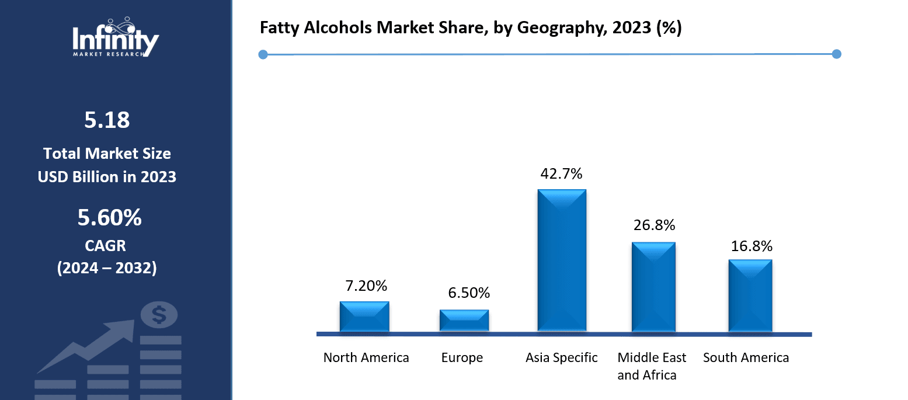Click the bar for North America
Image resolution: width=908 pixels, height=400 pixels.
click(364, 317)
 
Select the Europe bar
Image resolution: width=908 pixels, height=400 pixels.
click(464, 321)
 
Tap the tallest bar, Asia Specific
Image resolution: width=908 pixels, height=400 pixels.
click(562, 261)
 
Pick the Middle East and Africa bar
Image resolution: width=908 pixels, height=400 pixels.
click(653, 287)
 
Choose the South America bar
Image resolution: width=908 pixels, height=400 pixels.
click(750, 296)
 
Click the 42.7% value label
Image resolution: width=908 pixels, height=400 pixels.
click(561, 174)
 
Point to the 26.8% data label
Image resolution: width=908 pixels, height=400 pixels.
click(653, 225)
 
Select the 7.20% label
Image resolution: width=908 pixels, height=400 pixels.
click(366, 286)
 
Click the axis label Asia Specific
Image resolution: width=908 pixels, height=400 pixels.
click(561, 357)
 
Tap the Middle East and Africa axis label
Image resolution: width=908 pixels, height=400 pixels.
click(652, 366)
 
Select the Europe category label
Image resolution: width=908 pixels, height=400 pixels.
click(462, 357)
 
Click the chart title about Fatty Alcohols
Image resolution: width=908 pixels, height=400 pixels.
click(471, 29)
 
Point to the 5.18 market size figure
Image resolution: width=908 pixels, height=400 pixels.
click(107, 120)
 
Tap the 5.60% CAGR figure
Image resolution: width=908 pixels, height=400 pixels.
click(109, 218)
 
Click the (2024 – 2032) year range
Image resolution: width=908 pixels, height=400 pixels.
click(107, 268)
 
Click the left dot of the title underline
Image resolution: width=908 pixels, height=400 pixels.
click(263, 54)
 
